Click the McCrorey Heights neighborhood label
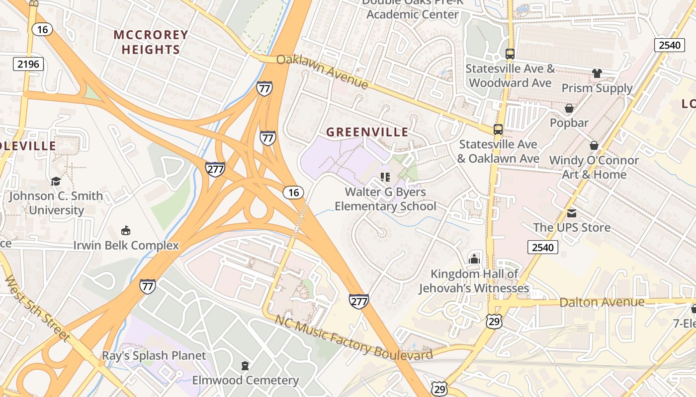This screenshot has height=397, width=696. click(151, 42)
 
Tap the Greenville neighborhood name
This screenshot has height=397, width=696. click(367, 132)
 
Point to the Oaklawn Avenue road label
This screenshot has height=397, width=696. click(322, 71)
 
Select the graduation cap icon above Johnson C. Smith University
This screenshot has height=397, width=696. click(56, 181)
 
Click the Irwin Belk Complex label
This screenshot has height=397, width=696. click(126, 245)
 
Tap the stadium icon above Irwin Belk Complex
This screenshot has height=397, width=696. click(126, 230)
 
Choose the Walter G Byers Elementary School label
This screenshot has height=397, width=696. click(385, 198)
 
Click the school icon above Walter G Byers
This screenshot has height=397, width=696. click(385, 177)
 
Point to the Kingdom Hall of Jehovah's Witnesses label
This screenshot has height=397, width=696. click(473, 281)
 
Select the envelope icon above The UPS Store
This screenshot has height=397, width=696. click(572, 213)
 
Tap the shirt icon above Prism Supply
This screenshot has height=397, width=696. click(597, 73)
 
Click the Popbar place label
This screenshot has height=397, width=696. click(569, 123)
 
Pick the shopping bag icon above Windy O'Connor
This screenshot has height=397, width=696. click(594, 145)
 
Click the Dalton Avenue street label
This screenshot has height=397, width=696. click(602, 302)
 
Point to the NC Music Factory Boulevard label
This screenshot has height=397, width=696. click(353, 337)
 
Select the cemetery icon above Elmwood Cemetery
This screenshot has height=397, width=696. click(245, 366)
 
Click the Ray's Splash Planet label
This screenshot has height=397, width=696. click(154, 355)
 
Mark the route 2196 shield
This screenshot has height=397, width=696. click(28, 64)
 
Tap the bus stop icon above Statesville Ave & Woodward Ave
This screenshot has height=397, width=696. click(510, 54)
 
